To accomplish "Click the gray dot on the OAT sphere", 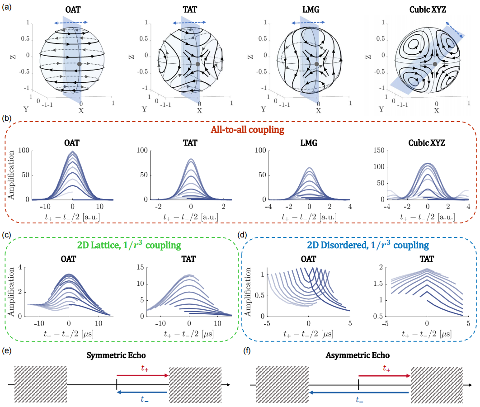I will [80, 64].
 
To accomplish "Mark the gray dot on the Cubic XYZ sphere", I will [435, 63].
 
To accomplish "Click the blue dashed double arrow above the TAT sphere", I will [190, 21].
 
